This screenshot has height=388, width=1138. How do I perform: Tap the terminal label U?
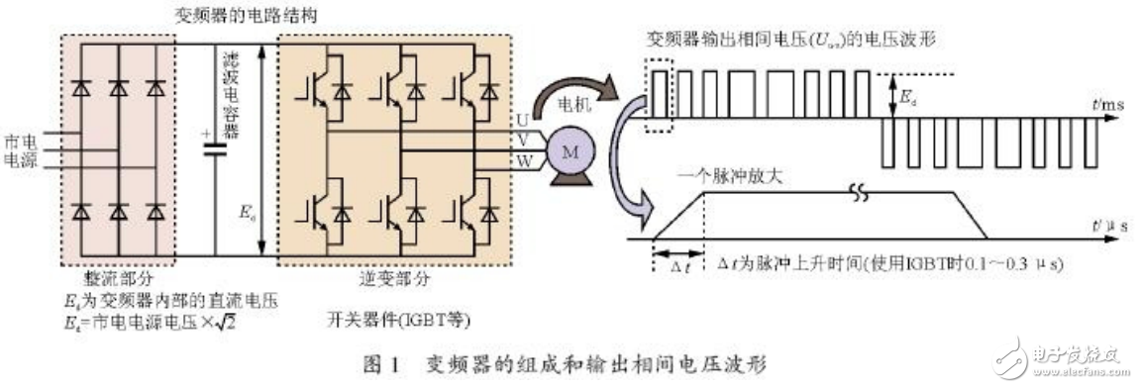521,120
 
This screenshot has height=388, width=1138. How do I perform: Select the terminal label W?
521,157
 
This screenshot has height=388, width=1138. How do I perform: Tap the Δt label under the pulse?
674,266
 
